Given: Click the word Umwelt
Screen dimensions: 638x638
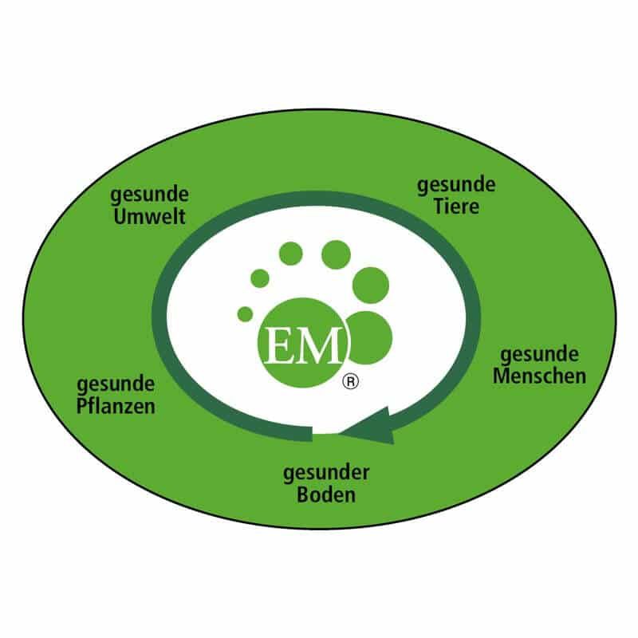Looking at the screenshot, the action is coord(149,216).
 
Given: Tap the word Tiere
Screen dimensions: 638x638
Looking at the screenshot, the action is coord(456,206).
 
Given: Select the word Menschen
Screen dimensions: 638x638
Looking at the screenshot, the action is coord(540,376).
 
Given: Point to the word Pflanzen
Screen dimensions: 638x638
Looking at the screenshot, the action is coord(116,406).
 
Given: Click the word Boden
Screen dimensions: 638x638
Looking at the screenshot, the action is coord(326,494).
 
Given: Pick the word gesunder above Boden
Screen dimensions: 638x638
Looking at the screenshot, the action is coord(326,474).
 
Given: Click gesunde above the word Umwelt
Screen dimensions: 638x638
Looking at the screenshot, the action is coord(149,195).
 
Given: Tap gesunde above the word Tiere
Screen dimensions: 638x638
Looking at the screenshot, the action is coord(456,186).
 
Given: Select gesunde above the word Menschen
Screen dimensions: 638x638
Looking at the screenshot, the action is coord(540,355).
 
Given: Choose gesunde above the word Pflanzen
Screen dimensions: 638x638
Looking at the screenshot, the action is coord(116,385).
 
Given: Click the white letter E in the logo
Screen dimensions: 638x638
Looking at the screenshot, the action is coord(278,345).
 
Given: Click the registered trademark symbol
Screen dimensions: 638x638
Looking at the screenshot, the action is coord(351,382).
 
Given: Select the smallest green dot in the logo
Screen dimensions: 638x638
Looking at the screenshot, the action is coord(245,314).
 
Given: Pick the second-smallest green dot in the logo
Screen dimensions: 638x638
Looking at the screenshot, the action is coord(260,278).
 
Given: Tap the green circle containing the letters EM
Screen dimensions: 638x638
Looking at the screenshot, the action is coord(304,343).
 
